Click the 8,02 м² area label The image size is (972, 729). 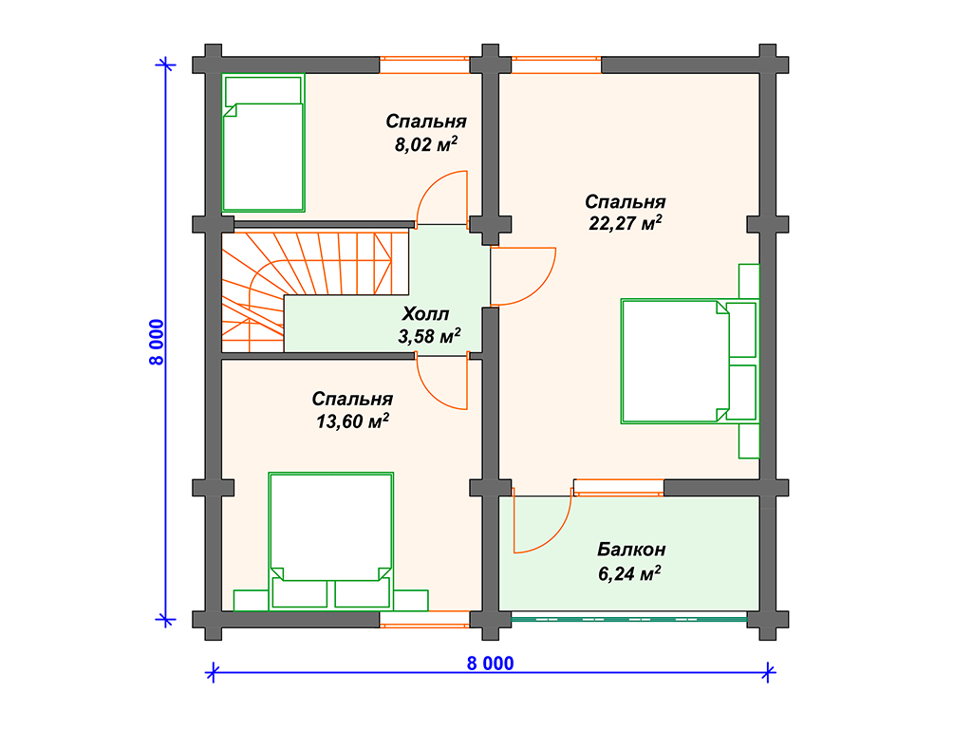click(x=426, y=144)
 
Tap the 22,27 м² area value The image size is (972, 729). click(x=625, y=222)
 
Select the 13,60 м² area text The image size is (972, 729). click(x=352, y=421)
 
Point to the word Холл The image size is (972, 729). click(x=425, y=313)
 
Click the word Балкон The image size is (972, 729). click(x=631, y=550)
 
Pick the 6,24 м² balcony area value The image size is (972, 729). click(x=629, y=573)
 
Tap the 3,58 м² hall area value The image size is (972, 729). click(x=429, y=337)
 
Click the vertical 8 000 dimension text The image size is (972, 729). click(x=157, y=342)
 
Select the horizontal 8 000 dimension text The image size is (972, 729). click(x=490, y=664)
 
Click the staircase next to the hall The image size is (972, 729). click(x=315, y=291)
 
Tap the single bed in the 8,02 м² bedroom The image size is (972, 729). click(x=264, y=142)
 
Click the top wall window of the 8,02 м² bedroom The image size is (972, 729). click(x=424, y=65)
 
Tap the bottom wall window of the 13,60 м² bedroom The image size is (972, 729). click(x=424, y=619)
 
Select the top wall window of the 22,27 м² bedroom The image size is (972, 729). click(x=556, y=65)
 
